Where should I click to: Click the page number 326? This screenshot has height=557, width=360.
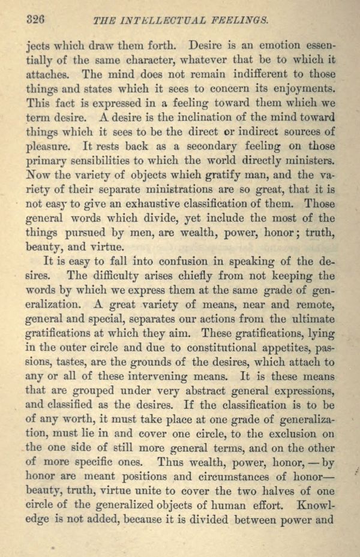pyautogui.click(x=36, y=19)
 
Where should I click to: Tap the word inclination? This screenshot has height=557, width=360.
pyautogui.click(x=172, y=118)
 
